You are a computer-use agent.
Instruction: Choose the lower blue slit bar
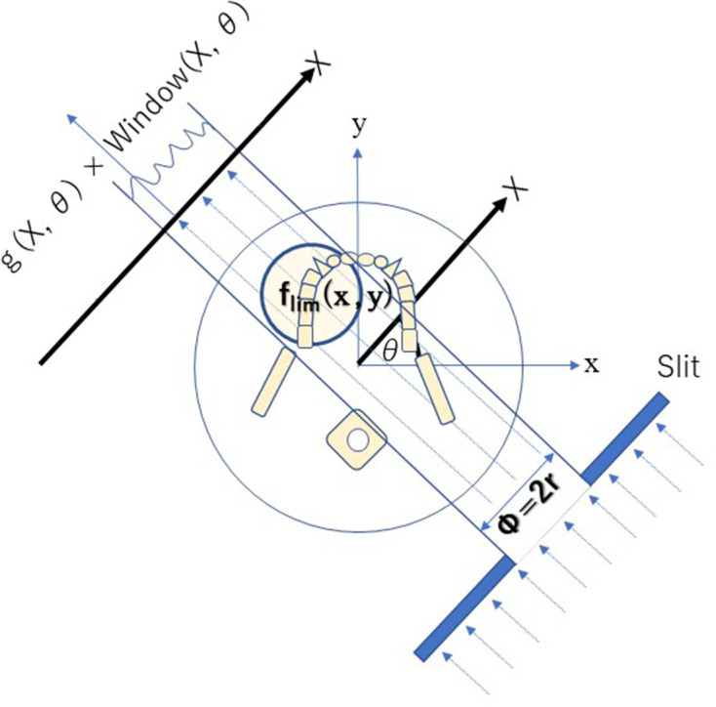pyautogui.click(x=463, y=609)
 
